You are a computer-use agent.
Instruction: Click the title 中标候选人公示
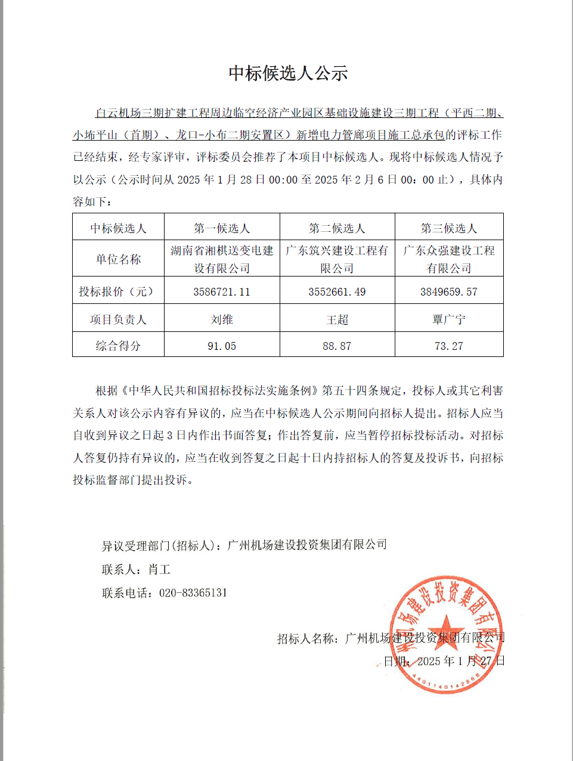288,73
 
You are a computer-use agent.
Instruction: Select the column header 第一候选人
222,228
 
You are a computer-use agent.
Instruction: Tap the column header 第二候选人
337,228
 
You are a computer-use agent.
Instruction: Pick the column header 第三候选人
449,228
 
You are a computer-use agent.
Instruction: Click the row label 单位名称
118,259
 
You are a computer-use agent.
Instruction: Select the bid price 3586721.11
222,292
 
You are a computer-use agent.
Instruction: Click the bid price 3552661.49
337,292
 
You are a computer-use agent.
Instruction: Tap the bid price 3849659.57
449,292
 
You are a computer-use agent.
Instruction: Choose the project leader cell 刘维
222,319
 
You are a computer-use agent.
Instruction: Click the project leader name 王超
337,319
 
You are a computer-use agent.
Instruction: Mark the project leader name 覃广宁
449,319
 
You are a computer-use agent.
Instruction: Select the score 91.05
222,346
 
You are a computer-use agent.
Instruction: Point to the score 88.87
337,346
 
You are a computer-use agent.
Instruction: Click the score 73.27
449,346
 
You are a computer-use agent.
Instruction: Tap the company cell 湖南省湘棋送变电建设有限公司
222,259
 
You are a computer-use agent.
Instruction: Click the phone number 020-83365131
193,593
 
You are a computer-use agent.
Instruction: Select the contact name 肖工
159,570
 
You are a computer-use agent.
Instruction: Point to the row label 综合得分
118,346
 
